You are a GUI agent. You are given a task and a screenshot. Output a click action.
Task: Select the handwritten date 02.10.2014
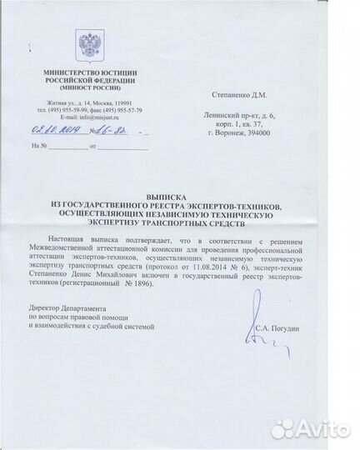coord(53,130)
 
